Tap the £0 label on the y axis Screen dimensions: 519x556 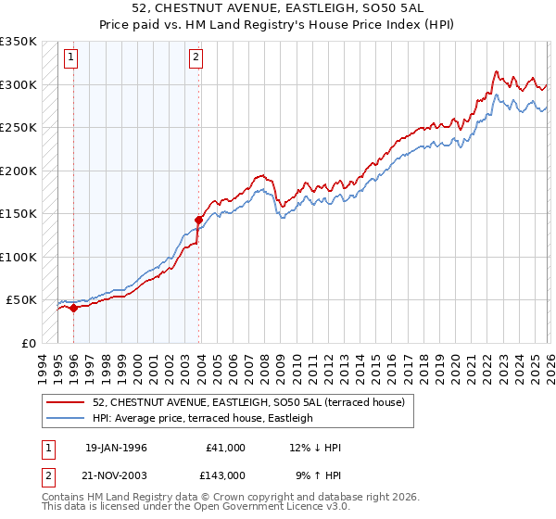(28, 343)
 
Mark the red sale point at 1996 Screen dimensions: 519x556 (73, 309)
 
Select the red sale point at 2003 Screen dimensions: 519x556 (198, 221)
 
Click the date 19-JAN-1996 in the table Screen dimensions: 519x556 (116, 448)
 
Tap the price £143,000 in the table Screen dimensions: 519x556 (226, 475)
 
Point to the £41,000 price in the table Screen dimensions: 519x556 (226, 448)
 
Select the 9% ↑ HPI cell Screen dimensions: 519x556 (318, 475)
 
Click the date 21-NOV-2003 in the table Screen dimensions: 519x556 (116, 475)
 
